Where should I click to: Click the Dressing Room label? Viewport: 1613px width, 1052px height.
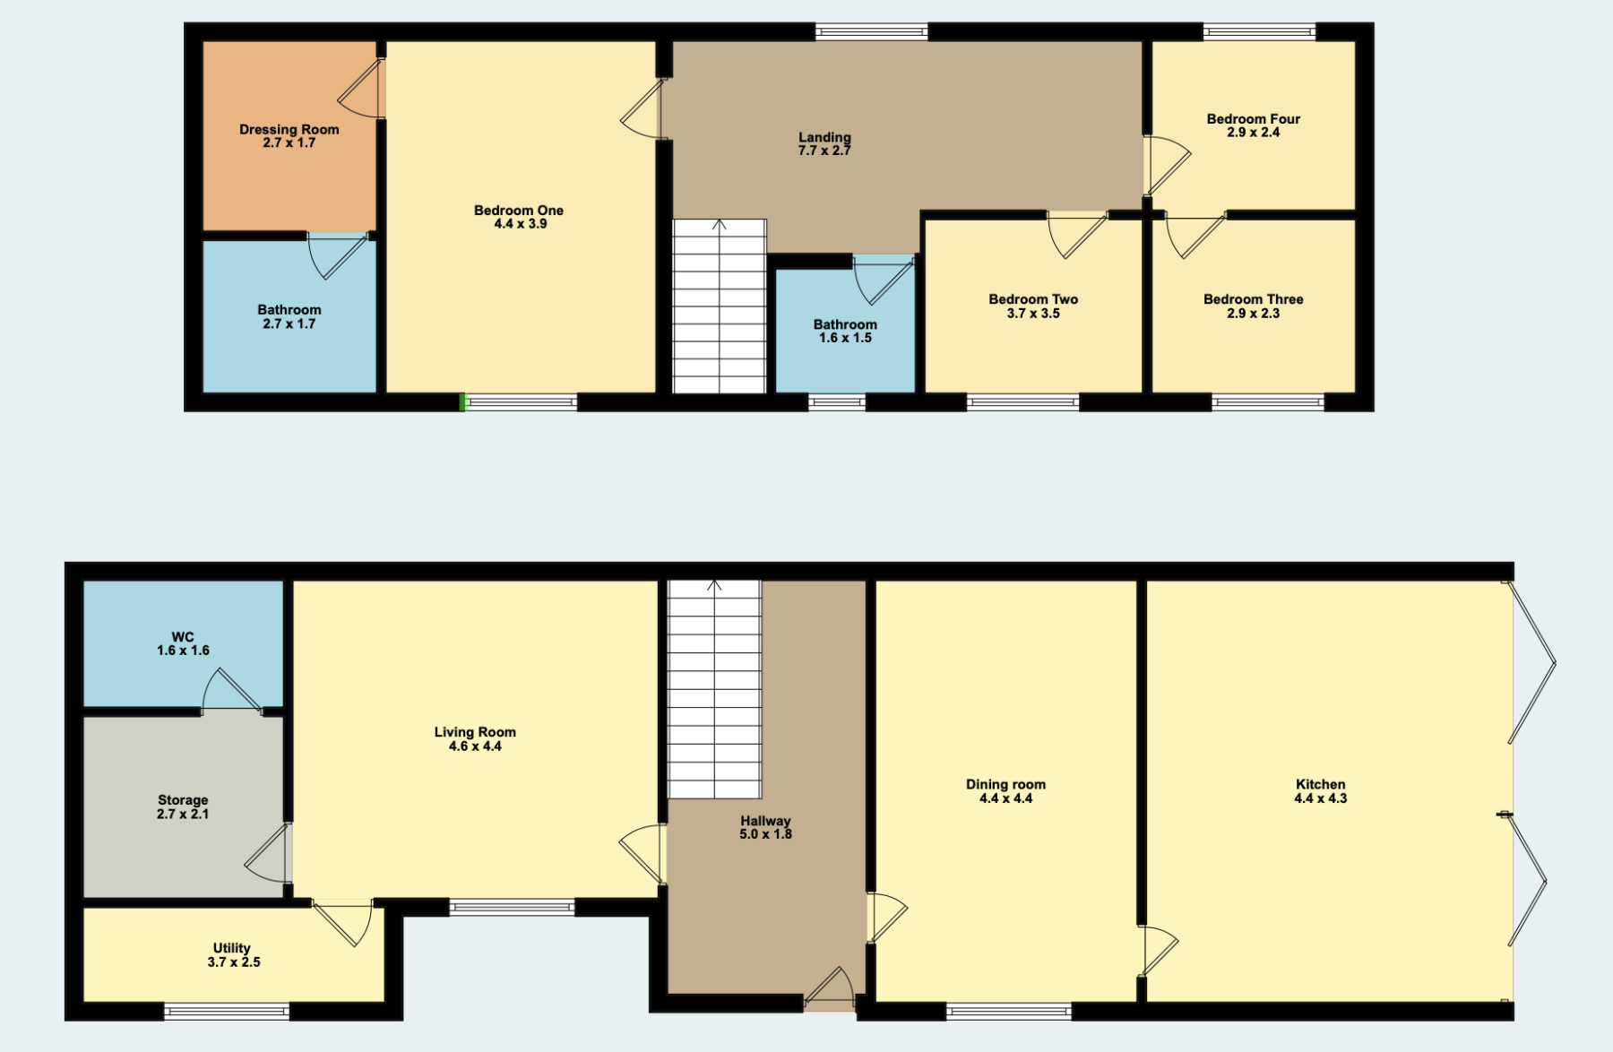(x=289, y=129)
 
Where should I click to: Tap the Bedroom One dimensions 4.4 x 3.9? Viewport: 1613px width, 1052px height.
(x=520, y=224)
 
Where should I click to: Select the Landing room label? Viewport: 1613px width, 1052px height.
(x=824, y=137)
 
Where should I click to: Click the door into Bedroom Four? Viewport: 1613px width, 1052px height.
(x=1167, y=165)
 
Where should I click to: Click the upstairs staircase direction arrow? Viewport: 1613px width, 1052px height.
(x=719, y=224)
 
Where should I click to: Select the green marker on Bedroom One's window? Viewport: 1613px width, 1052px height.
(x=463, y=402)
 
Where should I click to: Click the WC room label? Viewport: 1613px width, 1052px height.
(x=183, y=637)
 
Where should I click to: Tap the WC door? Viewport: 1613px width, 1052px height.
(x=231, y=692)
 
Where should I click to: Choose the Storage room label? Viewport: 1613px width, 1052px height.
(x=183, y=800)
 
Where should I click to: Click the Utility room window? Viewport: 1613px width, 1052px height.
(x=227, y=1012)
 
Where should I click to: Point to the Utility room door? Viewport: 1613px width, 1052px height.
(x=342, y=922)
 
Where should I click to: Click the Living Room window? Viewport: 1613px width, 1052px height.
(x=512, y=908)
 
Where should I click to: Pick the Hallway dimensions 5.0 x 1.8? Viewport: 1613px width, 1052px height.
(x=765, y=834)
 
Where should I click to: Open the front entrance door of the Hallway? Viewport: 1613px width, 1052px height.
(x=830, y=988)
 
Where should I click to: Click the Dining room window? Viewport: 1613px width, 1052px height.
(x=1009, y=1012)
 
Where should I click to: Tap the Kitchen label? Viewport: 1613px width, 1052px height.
(x=1320, y=784)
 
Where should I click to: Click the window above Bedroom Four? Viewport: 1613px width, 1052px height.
(x=1259, y=32)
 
